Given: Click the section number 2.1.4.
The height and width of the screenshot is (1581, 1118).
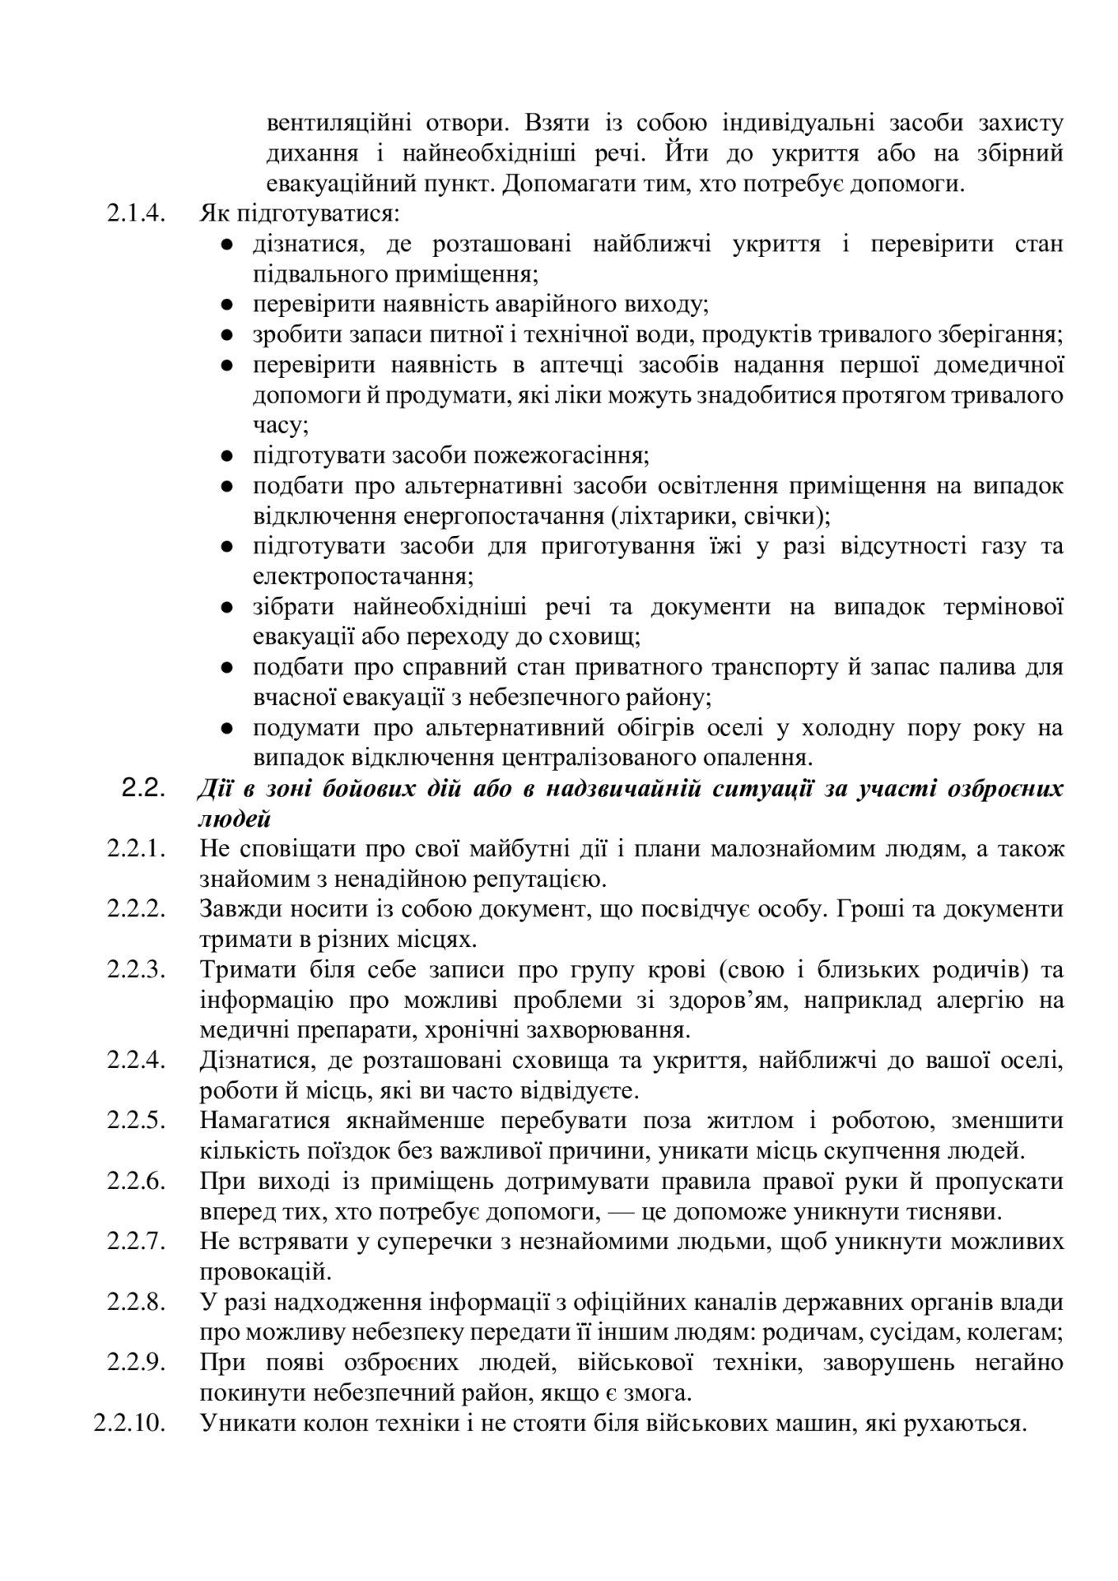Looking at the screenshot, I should tap(137, 214).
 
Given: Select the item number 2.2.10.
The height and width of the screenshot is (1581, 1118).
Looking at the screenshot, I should tap(131, 1423).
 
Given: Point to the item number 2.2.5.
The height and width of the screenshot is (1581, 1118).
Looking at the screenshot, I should tap(137, 1121).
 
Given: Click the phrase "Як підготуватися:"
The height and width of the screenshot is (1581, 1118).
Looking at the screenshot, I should tap(299, 214).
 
